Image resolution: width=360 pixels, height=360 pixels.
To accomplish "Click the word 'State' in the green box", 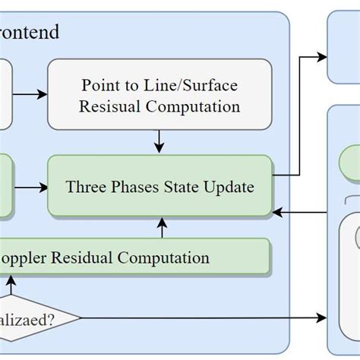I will click(x=180, y=186).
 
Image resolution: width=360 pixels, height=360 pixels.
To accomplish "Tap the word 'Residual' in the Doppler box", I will click(x=83, y=257).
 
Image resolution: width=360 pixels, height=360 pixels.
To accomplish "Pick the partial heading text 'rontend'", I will click(x=30, y=33).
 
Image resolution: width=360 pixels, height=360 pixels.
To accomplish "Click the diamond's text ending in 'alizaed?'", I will click(x=30, y=318).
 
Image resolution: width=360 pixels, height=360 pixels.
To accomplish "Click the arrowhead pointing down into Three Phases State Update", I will click(x=159, y=149).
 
